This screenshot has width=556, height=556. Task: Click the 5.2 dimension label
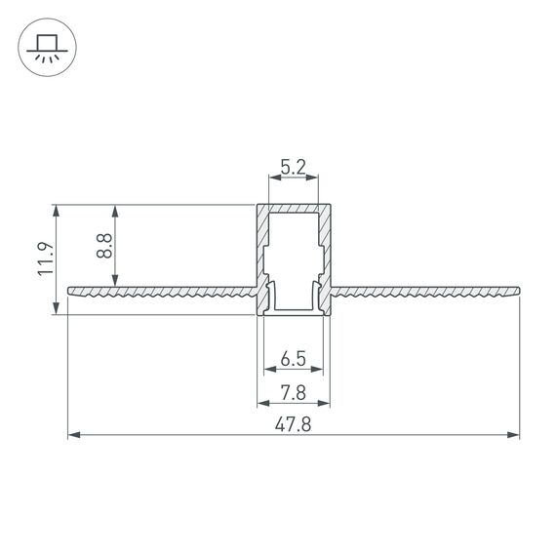click(x=294, y=169)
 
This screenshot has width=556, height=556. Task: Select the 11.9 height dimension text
click(x=45, y=259)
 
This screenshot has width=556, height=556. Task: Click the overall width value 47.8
click(x=294, y=423)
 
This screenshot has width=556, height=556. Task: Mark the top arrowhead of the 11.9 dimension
click(x=58, y=210)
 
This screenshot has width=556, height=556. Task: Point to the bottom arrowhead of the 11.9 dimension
click(x=58, y=310)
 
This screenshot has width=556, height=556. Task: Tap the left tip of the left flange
click(x=69, y=290)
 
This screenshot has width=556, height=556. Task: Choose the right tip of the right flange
click(x=517, y=290)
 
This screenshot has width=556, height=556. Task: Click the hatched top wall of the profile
click(x=294, y=208)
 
